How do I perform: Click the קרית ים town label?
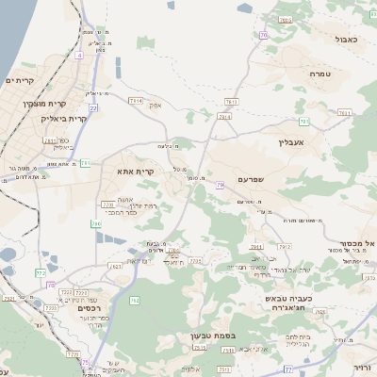(19, 82)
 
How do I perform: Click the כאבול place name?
(345, 40)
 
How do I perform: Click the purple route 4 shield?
(80, 56)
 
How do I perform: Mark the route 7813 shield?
(230, 101)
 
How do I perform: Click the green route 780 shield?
(95, 223)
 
